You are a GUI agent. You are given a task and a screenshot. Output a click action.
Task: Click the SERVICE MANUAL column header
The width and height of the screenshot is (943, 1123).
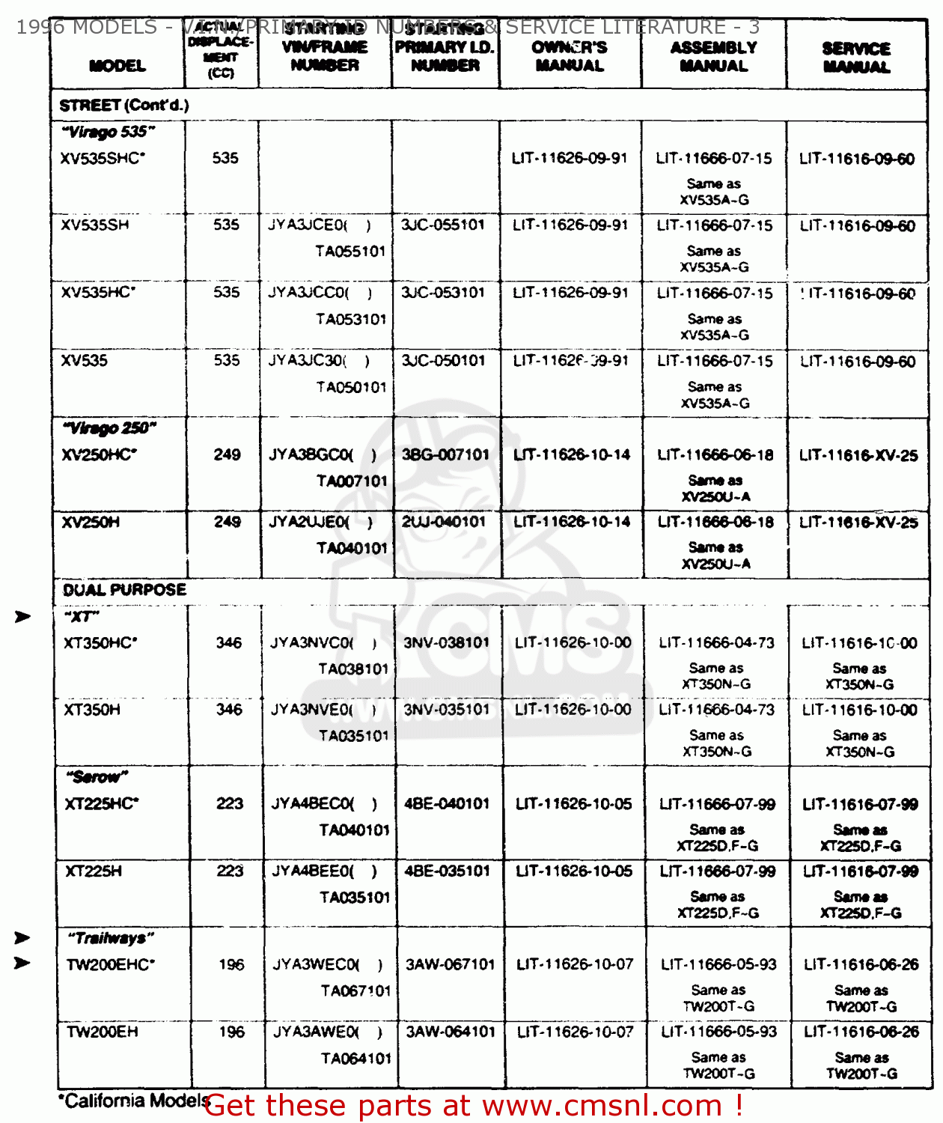856,58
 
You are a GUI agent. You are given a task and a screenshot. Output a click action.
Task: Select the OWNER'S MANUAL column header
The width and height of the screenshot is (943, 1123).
569,56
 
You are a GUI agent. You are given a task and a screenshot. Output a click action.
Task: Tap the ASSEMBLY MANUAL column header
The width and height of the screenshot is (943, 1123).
713,56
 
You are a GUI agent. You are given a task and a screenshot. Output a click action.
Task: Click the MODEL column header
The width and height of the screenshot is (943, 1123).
118,66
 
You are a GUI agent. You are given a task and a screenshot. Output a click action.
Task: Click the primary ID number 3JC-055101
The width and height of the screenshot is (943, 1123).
443,225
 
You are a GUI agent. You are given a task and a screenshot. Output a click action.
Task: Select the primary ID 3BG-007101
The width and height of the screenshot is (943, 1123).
445,454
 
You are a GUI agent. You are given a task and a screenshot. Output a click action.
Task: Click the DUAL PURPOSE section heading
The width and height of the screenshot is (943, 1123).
124,590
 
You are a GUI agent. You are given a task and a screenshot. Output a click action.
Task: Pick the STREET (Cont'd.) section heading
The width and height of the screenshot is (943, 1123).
124,106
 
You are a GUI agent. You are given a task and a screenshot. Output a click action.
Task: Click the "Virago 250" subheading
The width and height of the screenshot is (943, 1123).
109,427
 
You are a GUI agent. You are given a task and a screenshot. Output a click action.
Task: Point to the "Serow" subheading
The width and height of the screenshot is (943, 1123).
97,776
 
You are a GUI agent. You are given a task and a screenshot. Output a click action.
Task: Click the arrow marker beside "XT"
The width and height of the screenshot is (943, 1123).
23,616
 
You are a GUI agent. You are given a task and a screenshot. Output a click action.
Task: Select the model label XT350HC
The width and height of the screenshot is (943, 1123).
100,642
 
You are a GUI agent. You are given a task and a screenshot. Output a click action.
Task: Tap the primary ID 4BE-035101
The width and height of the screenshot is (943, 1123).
447,871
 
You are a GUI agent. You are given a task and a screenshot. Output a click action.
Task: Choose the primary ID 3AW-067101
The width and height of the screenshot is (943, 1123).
450,964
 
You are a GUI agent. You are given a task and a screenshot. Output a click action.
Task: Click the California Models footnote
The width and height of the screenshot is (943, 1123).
133,1101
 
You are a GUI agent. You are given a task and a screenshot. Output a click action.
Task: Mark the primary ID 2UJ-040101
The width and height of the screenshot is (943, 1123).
444,521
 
